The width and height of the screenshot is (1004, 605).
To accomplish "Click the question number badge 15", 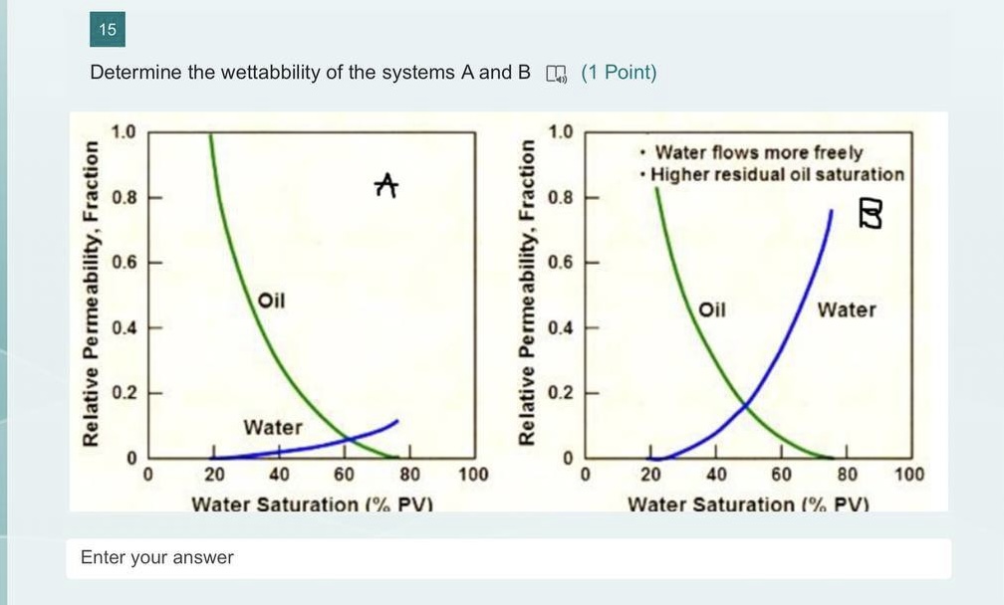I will click(108, 30).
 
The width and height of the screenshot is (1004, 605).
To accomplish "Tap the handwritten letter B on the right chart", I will click(870, 212).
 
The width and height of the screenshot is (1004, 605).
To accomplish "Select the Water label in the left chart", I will click(273, 427).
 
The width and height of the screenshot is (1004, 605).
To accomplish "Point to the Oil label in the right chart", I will click(712, 308).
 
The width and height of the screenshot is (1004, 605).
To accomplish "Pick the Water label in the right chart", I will click(847, 309).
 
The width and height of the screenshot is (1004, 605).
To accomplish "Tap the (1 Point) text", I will click(619, 73).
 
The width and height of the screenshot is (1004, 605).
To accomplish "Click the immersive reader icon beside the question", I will click(555, 74).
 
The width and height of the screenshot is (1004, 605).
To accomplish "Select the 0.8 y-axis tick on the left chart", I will click(125, 197).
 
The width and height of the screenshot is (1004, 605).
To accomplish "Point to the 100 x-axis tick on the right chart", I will click(908, 474).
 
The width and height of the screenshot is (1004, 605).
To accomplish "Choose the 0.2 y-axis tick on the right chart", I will click(561, 392).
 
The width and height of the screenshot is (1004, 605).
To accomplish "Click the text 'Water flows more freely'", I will click(758, 152).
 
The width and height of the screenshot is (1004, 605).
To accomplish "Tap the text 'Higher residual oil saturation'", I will click(778, 174).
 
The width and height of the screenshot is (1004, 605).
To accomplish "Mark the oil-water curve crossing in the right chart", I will click(745, 404).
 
